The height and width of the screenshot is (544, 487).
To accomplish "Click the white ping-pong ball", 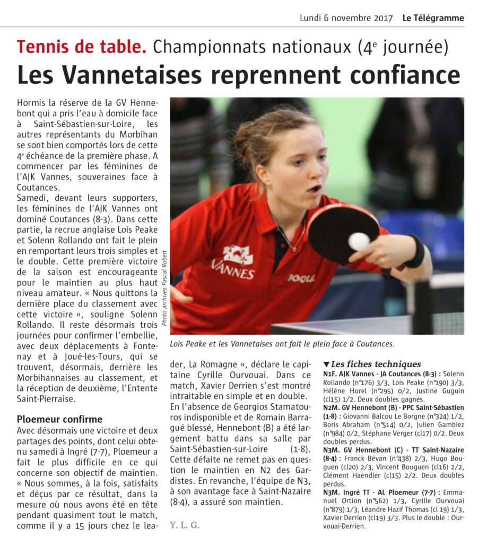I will coord(359,241).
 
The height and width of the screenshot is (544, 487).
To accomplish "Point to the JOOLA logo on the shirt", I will coord(301,278).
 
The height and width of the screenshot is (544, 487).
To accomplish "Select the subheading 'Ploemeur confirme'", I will coord(59,419).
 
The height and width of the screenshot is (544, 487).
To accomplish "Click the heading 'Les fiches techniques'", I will coord(376,364).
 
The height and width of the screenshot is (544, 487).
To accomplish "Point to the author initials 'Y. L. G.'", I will coord(185,525).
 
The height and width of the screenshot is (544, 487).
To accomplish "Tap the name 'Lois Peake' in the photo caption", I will coord(192,344).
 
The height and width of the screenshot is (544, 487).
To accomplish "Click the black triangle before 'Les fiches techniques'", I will coord(326,364).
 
